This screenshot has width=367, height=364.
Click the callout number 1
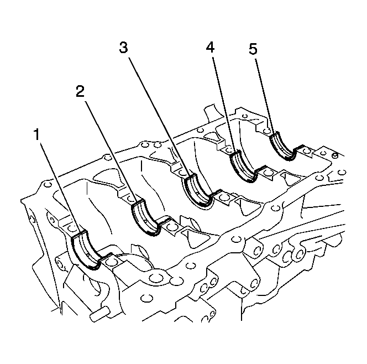click(x=36, y=134)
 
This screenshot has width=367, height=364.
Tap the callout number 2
click(x=80, y=91)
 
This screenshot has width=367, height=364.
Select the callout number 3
click(x=124, y=48)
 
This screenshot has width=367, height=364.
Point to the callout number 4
click(x=210, y=47)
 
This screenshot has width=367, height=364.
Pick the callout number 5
click(x=253, y=49)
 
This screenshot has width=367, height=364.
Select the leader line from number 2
click(x=111, y=151)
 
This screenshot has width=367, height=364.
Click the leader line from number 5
click(x=265, y=97)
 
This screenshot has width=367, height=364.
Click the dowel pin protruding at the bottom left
click(x=99, y=314)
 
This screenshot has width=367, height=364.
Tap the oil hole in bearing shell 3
click(x=197, y=194)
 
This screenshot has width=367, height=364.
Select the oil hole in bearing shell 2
click(x=145, y=221)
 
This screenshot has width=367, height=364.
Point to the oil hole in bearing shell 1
click(x=87, y=254)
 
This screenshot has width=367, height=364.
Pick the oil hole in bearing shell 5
click(x=283, y=148)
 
